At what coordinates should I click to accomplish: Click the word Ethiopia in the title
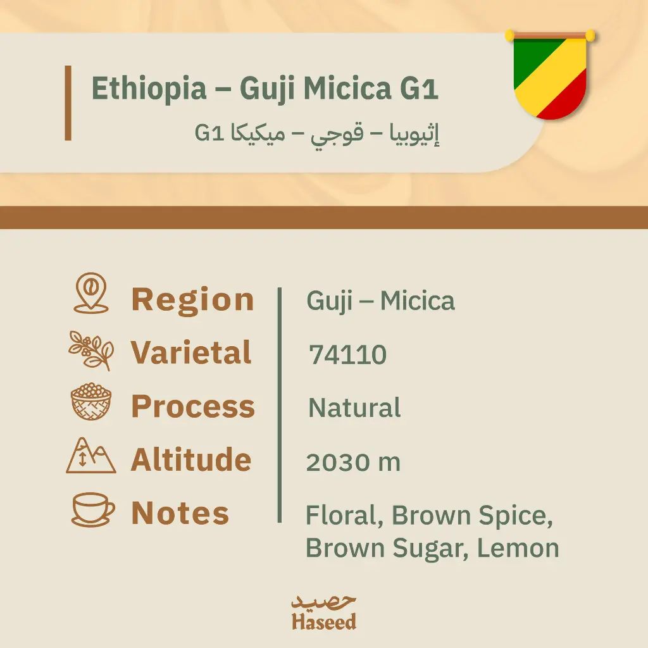(x=149, y=89)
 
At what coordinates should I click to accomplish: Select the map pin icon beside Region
(x=91, y=293)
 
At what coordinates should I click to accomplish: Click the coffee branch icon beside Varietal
(x=91, y=350)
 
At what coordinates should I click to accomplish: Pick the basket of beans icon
(x=91, y=402)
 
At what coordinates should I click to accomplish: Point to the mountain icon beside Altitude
(x=91, y=456)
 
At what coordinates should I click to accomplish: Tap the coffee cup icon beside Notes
(x=92, y=509)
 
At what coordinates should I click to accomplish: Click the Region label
(x=192, y=299)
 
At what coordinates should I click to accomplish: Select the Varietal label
(x=191, y=352)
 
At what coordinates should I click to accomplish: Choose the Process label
(x=192, y=406)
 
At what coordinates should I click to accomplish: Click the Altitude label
(x=191, y=459)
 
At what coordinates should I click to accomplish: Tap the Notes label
(x=180, y=513)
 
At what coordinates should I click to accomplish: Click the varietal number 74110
(x=347, y=356)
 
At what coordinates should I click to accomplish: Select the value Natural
(x=354, y=408)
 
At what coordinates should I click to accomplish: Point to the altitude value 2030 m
(x=353, y=463)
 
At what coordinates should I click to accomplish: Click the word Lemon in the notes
(x=518, y=548)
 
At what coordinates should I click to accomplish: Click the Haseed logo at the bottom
(x=323, y=613)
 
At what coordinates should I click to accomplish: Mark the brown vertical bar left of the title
(x=68, y=103)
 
